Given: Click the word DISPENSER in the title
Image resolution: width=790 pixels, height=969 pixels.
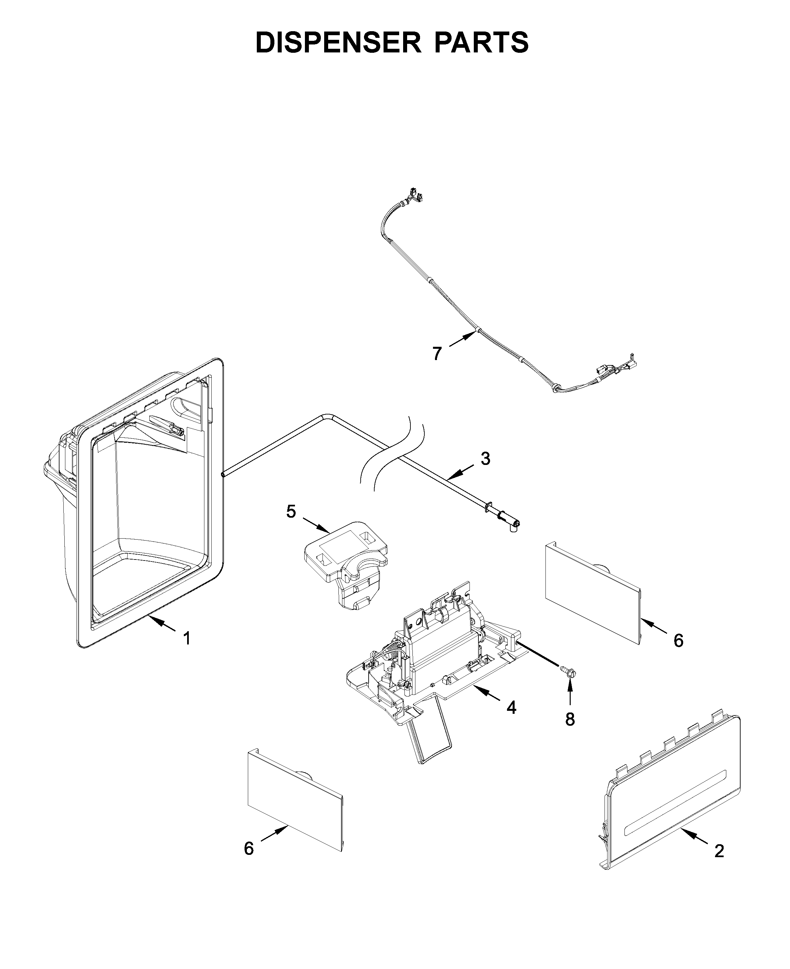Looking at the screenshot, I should pyautogui.click(x=338, y=42).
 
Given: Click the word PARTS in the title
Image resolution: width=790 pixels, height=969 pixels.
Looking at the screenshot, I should pyautogui.click(x=481, y=42).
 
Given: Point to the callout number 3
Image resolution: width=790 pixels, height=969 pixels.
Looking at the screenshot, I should pyautogui.click(x=485, y=459).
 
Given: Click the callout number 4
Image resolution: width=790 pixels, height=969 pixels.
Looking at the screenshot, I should pyautogui.click(x=512, y=708).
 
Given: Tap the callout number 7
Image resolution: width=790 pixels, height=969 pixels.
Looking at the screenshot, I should pyautogui.click(x=437, y=353).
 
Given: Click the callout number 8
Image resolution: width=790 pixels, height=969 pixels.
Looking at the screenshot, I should pyautogui.click(x=570, y=719).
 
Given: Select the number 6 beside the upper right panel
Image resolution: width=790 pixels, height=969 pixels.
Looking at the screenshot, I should pyautogui.click(x=679, y=641).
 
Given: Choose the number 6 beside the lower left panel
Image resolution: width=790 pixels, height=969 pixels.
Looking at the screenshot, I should pyautogui.click(x=249, y=849).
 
